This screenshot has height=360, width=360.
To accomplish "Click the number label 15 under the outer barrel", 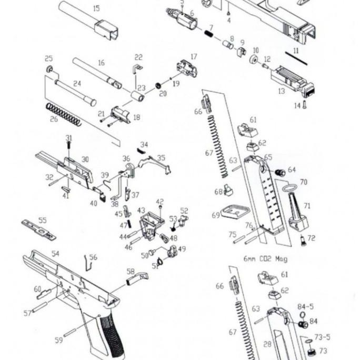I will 96,8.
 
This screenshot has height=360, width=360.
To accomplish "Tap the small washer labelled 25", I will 49,69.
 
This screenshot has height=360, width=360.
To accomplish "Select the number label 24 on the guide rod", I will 77,84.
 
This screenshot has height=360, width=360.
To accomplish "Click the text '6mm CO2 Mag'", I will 265,259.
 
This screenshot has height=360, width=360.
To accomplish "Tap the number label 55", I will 43,221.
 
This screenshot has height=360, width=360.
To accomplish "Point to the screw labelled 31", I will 69,147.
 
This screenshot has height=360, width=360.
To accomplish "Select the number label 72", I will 312,238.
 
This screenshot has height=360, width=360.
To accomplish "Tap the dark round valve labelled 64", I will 280,172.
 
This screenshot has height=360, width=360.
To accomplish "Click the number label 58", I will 131,272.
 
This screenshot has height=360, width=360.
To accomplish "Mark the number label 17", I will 194,56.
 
